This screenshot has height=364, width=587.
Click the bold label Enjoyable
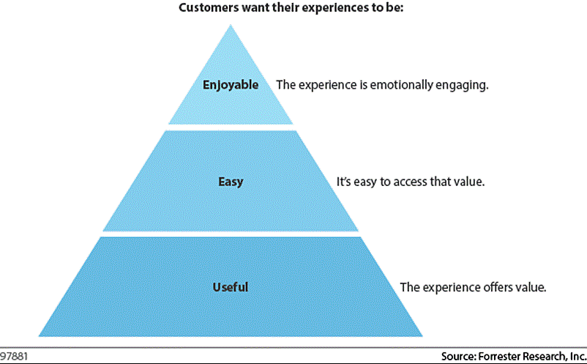(231, 85)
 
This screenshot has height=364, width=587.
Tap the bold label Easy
(231, 182)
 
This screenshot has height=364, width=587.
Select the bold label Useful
(231, 287)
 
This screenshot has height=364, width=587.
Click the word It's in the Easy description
(344, 182)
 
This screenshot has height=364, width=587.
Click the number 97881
(14, 356)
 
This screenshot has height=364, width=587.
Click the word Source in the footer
(458, 356)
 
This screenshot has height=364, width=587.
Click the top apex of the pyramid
(231, 25)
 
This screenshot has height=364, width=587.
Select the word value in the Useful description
(531, 287)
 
